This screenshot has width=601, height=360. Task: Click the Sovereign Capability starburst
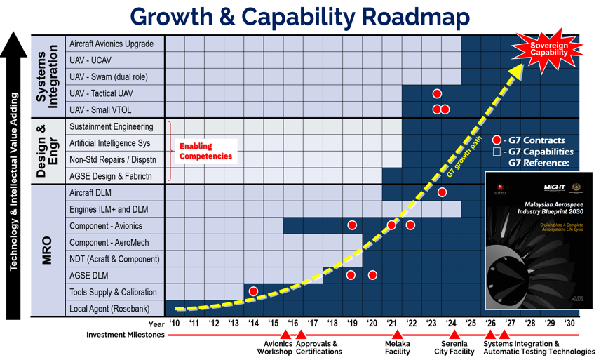(548, 49)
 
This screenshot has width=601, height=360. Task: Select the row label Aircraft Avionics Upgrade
(112, 44)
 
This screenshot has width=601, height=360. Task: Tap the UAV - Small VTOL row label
(100, 109)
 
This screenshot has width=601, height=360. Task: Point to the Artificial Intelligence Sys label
(109, 143)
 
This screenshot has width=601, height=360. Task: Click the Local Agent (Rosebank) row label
(109, 309)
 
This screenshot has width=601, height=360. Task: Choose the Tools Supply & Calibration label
(113, 292)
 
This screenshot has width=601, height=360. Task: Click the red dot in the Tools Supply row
(253, 291)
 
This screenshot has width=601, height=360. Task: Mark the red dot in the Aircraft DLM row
(442, 192)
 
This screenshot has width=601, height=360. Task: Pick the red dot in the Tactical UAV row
(437, 93)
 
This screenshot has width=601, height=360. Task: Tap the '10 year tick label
(175, 324)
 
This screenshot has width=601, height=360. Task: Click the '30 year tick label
(569, 324)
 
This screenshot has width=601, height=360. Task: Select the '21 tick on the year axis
(392, 324)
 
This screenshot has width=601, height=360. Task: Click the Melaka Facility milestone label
(397, 347)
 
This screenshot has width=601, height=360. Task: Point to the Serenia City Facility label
(454, 347)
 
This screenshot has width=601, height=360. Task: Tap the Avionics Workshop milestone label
(278, 347)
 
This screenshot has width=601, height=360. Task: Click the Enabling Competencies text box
(205, 151)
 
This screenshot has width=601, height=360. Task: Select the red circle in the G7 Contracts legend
(497, 140)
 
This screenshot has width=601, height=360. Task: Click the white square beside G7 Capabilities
(497, 152)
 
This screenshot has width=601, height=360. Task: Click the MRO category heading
(47, 251)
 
